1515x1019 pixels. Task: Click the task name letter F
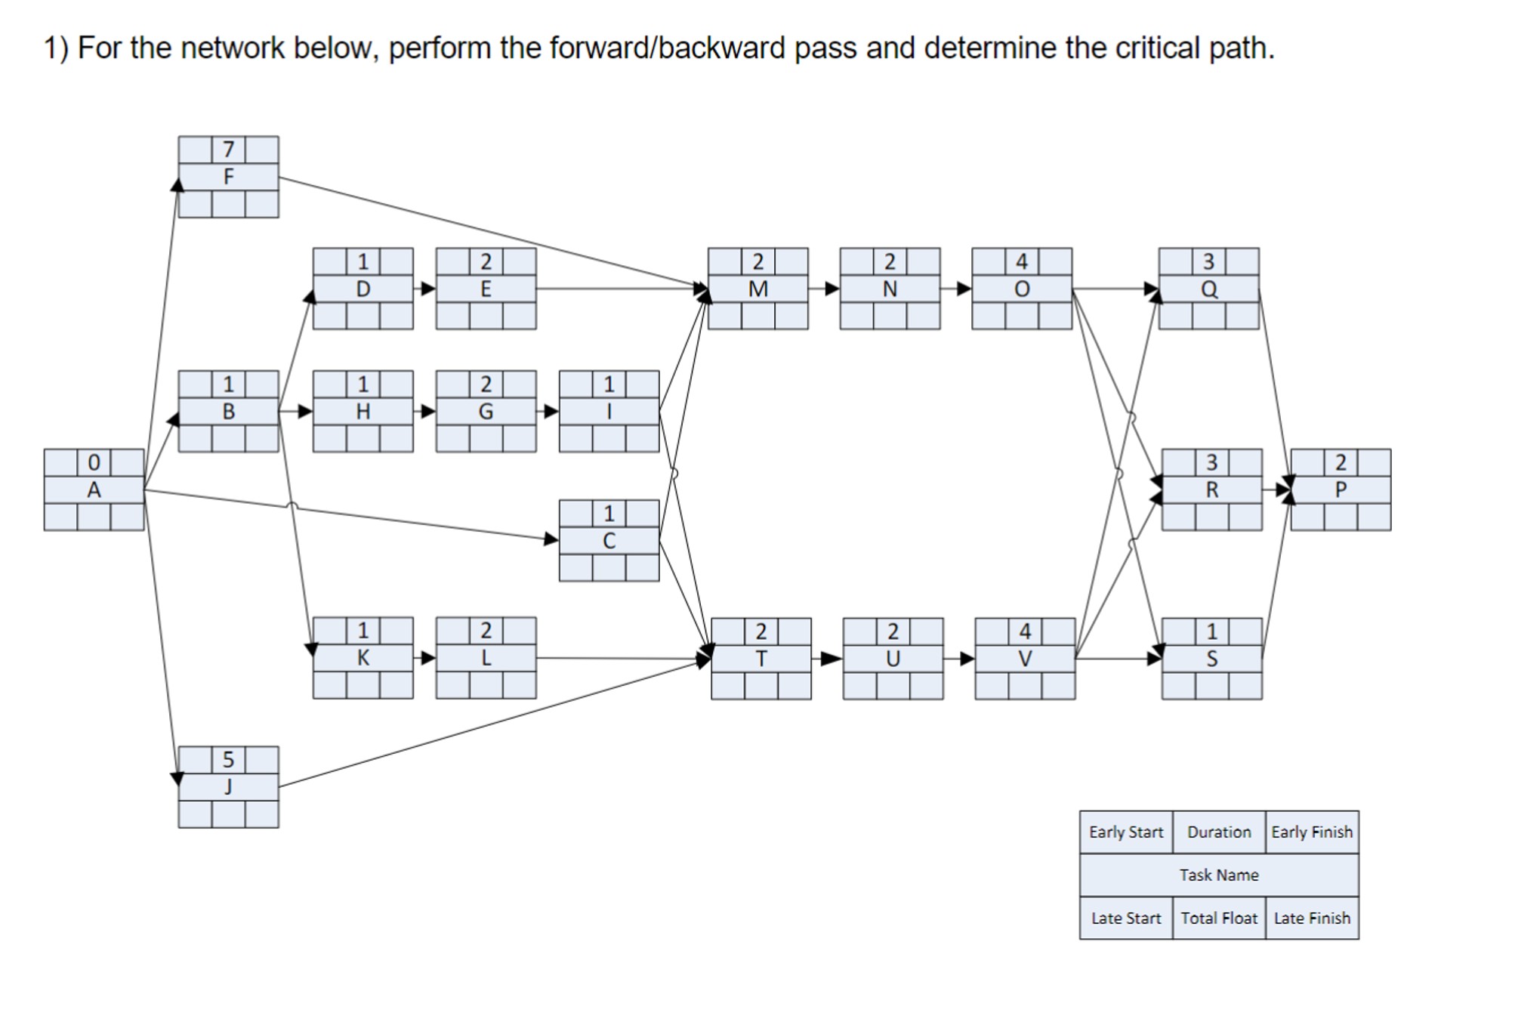tap(228, 177)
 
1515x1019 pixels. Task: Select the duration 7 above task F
tap(228, 150)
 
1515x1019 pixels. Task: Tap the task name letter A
tap(94, 489)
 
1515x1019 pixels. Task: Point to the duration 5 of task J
tap(228, 759)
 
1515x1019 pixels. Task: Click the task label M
tap(757, 289)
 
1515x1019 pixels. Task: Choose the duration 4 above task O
tap(1021, 261)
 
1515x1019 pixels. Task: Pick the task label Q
tap(1208, 289)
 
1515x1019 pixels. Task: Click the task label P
tap(1341, 489)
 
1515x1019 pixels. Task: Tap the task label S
tap(1211, 659)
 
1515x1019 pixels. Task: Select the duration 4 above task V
tap(1025, 631)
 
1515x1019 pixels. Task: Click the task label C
tap(609, 541)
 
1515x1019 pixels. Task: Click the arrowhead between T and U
tap(832, 659)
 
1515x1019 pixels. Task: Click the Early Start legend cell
tap(1125, 832)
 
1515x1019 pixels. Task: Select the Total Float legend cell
tap(1218, 918)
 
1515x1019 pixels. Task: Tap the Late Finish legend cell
tap(1312, 918)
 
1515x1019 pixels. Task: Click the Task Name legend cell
tap(1218, 875)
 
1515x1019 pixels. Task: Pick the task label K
tap(363, 658)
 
